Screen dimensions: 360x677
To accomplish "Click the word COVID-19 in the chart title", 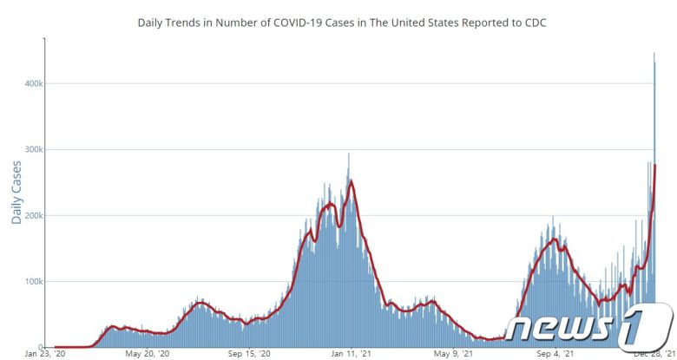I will tap(301, 22).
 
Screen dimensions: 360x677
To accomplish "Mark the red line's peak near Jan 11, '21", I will tap(350, 181).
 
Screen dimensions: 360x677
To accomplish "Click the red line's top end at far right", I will tap(654, 165).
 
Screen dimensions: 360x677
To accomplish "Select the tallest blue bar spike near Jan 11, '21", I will tap(349, 154).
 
